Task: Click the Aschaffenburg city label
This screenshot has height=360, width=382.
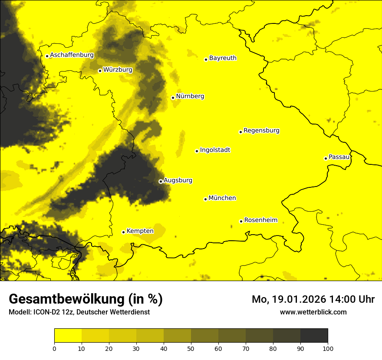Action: pyautogui.click(x=72, y=55)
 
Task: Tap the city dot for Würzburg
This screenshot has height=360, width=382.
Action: pyautogui.click(x=100, y=71)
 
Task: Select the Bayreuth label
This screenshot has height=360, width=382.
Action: pyautogui.click(x=223, y=58)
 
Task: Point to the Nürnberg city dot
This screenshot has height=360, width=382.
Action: pyautogui.click(x=173, y=98)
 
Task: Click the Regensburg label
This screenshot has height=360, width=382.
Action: pyautogui.click(x=261, y=131)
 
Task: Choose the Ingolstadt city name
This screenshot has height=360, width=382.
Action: pyautogui.click(x=215, y=150)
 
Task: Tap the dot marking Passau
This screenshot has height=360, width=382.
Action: pyautogui.click(x=326, y=158)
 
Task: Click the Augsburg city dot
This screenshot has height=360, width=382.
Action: pyautogui.click(x=161, y=181)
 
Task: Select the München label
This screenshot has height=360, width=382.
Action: pyautogui.click(x=222, y=198)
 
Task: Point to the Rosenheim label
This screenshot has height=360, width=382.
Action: pyautogui.click(x=260, y=220)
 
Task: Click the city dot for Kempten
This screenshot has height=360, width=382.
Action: pyautogui.click(x=123, y=232)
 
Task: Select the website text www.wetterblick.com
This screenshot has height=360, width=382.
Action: pyautogui.click(x=313, y=312)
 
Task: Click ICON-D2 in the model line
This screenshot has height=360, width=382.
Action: pyautogui.click(x=46, y=312)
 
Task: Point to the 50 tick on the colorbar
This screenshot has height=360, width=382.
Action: pyautogui.click(x=191, y=348)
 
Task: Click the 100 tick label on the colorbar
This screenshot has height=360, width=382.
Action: pyautogui.click(x=328, y=348)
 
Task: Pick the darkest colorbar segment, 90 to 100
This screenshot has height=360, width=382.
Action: pyautogui.click(x=314, y=335)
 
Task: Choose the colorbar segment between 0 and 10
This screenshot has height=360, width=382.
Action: pyautogui.click(x=68, y=335)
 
